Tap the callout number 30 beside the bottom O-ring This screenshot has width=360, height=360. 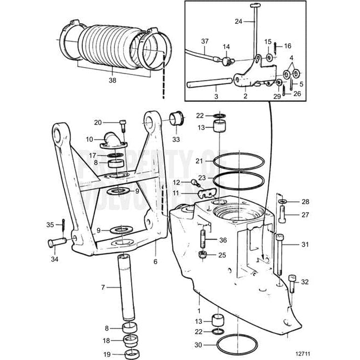(199, 344)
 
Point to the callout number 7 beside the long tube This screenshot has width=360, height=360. (103, 288)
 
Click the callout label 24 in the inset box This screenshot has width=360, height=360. (238, 22)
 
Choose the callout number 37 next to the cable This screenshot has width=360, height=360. (189, 41)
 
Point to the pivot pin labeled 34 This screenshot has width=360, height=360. (56, 243)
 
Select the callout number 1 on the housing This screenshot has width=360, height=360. (199, 311)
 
